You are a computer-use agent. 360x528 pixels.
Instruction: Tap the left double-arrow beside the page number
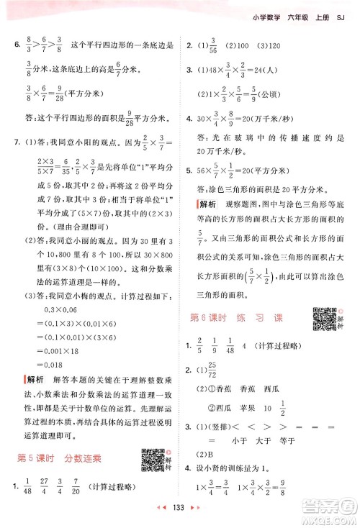tap(163, 515)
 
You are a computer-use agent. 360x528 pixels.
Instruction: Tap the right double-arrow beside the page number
tap(194, 515)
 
